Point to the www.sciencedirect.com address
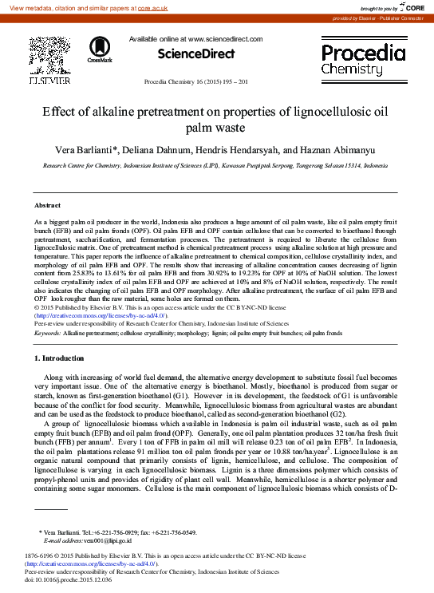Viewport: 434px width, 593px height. (225, 39)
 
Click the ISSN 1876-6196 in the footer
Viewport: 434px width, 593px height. (41, 555)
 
